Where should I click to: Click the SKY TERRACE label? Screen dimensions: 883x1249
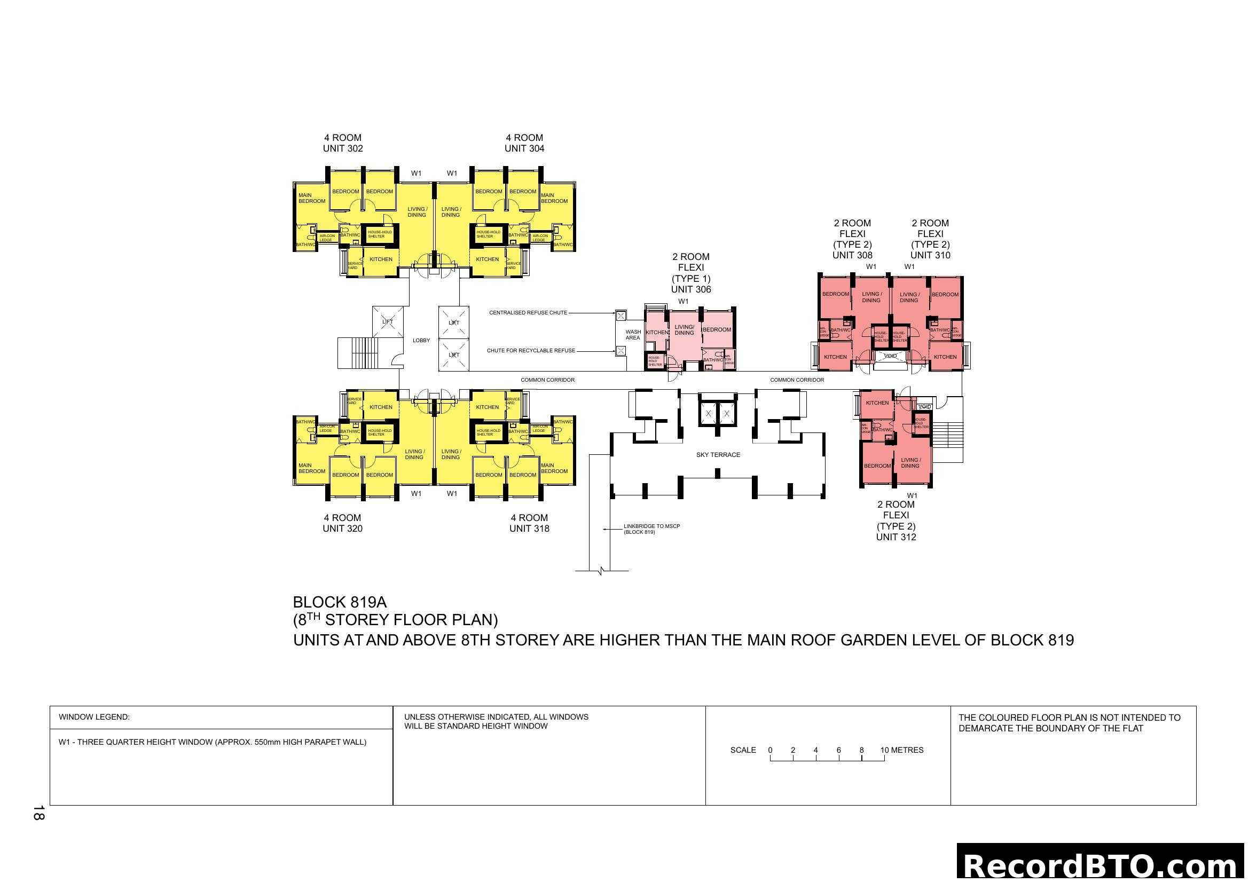pos(718,454)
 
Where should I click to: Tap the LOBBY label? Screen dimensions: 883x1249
pos(421,341)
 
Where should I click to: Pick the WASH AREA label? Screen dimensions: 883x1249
pos(633,334)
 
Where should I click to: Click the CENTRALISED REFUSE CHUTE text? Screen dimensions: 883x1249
pos(528,313)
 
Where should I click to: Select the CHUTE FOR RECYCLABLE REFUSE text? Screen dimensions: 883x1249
pos(530,351)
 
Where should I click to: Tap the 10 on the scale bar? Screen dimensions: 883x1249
pos(884,750)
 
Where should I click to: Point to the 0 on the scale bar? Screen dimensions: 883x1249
pos(770,750)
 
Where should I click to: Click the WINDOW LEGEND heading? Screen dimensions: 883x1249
pos(94,717)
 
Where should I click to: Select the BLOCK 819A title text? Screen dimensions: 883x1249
pos(340,602)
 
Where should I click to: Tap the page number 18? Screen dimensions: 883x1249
pos(38,813)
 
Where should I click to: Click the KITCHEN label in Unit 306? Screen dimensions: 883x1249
pos(657,332)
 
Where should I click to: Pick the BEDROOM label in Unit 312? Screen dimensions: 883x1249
pos(877,466)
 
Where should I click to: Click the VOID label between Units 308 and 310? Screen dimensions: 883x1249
pos(890,356)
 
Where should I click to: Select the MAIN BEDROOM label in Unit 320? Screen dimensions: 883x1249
pos(312,468)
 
